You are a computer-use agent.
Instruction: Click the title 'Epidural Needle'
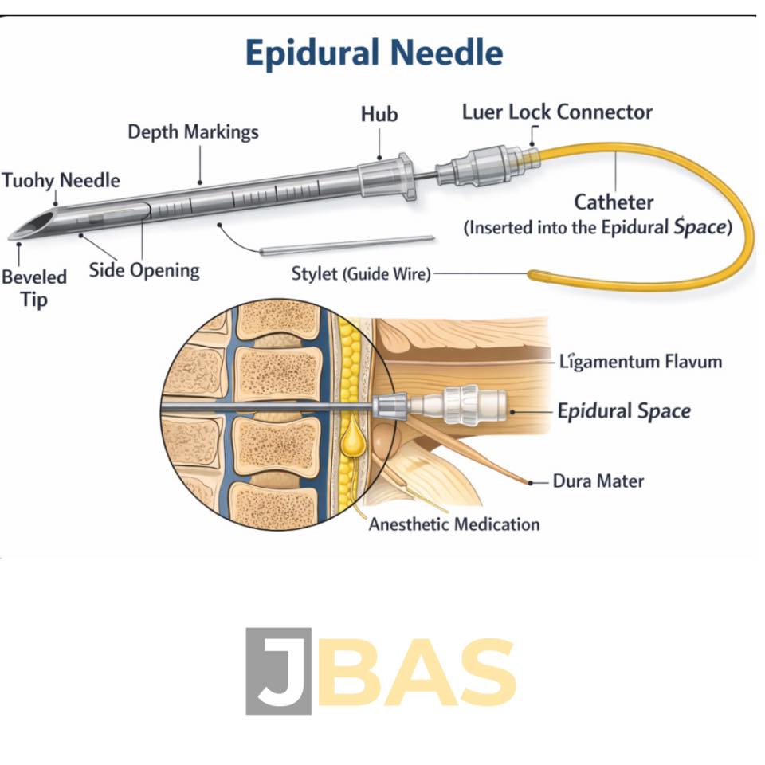[x=375, y=53]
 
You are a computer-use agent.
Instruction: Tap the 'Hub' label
[x=379, y=114]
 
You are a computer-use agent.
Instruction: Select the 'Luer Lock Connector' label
[x=557, y=112]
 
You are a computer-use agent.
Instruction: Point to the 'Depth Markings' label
[x=193, y=132]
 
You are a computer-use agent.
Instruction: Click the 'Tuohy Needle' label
[x=61, y=181]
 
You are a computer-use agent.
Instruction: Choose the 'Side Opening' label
[x=144, y=271]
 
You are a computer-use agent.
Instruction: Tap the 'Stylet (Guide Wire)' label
[x=361, y=273]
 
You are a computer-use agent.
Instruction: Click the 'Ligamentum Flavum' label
[x=641, y=362]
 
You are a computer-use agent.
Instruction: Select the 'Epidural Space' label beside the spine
[x=624, y=411]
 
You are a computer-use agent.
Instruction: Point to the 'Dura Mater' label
[x=598, y=481]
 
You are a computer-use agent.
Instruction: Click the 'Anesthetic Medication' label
[x=454, y=524]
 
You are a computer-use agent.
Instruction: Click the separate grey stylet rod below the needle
[x=347, y=245]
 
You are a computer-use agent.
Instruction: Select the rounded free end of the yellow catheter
[x=534, y=275]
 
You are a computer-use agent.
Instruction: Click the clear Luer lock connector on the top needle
[x=488, y=167]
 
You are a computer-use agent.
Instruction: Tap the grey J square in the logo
[x=279, y=671]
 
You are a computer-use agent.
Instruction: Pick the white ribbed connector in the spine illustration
[x=457, y=405]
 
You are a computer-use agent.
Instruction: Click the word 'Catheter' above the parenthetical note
[x=614, y=202]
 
